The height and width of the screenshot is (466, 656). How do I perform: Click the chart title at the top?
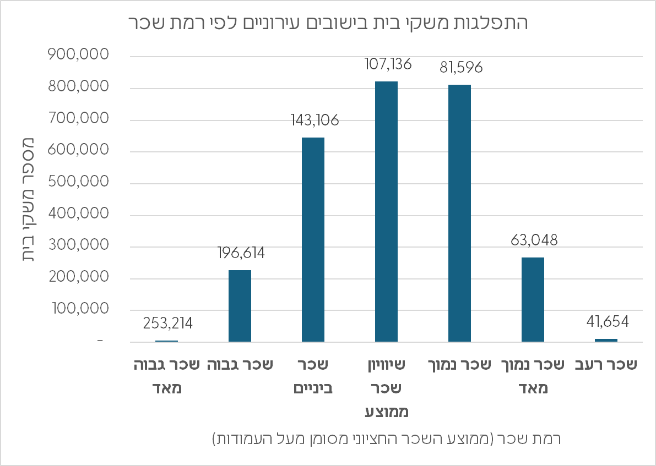click(x=328, y=23)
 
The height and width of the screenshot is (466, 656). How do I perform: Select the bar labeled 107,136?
click(x=386, y=212)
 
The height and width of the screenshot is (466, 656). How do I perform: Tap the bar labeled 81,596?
click(x=459, y=213)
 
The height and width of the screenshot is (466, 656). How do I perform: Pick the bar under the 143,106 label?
click(x=313, y=240)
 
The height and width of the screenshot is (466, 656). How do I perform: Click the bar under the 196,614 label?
click(x=240, y=306)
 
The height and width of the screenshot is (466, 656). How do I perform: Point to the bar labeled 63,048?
click(x=533, y=300)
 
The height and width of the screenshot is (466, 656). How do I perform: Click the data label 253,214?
click(x=167, y=323)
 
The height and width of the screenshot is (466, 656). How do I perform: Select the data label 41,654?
click(x=606, y=321)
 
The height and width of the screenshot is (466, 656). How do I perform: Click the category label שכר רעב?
click(x=606, y=365)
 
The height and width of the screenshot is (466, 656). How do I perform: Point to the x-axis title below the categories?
click(x=386, y=439)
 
